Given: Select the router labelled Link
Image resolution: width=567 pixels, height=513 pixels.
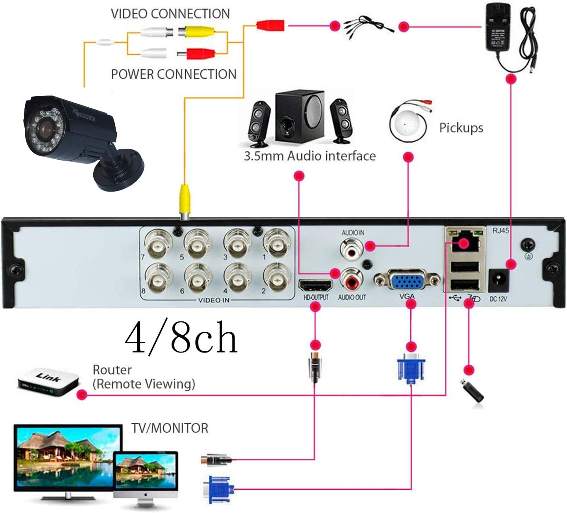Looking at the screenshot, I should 48,381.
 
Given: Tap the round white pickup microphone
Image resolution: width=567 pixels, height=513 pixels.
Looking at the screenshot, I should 407,124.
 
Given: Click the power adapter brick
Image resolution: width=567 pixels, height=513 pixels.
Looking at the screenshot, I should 498,28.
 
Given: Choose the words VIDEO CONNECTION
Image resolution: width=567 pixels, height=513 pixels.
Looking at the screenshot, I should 170,14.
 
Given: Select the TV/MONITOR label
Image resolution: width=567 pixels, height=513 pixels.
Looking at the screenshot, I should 170,428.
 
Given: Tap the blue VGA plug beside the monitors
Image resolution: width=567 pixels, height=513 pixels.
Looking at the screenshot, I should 218,490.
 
